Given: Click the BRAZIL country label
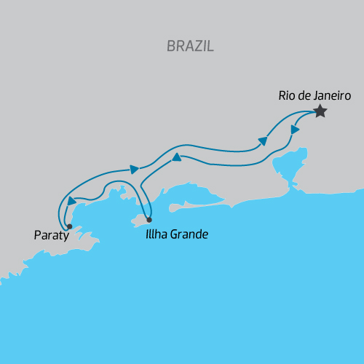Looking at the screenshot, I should point(190,46).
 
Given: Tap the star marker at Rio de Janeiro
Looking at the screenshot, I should point(320,111).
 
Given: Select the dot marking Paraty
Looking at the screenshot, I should point(69,226).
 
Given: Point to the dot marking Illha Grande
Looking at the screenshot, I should point(149,219).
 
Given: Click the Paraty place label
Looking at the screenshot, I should point(52,236).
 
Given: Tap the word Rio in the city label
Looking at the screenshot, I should point(286,95).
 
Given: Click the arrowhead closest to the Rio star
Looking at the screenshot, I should point(296,129).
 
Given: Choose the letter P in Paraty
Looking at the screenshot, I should point(38,236).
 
